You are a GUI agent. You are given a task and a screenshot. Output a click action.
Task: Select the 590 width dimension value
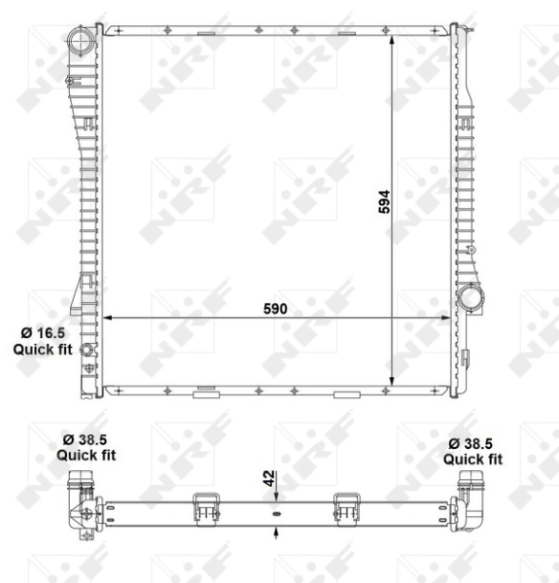(x=276, y=309)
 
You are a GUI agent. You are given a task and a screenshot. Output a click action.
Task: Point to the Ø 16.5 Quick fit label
(x=38, y=340)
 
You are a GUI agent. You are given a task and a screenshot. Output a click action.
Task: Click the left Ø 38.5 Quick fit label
(x=86, y=446)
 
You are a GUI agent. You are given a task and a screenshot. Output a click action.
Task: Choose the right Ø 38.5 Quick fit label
(x=473, y=451)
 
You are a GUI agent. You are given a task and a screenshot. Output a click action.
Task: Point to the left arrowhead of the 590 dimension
(x=108, y=318)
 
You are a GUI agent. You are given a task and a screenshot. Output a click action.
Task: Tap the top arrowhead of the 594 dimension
(x=393, y=33)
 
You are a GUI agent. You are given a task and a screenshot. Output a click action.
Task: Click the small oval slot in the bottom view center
(x=277, y=513)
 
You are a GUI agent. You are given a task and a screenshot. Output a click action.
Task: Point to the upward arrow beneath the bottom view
(x=277, y=531)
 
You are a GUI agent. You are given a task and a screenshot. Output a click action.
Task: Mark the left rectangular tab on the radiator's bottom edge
(x=205, y=394)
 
